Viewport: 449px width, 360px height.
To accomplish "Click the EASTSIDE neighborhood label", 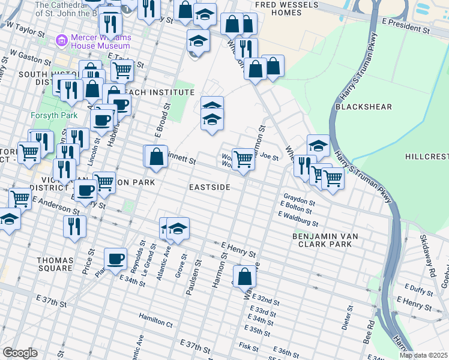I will coord(209,188).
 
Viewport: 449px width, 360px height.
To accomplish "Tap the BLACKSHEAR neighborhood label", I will coord(364,107).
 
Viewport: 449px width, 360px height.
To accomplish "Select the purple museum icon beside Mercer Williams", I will coord(61,41).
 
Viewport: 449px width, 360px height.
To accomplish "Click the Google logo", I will coord(20,353).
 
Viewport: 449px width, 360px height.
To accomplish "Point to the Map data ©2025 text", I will coord(423,355).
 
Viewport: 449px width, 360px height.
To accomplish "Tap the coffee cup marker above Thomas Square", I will coord(115,259).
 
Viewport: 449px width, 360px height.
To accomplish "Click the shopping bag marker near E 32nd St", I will coord(244,277).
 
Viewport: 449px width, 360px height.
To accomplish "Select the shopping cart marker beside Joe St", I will coord(243,159).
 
